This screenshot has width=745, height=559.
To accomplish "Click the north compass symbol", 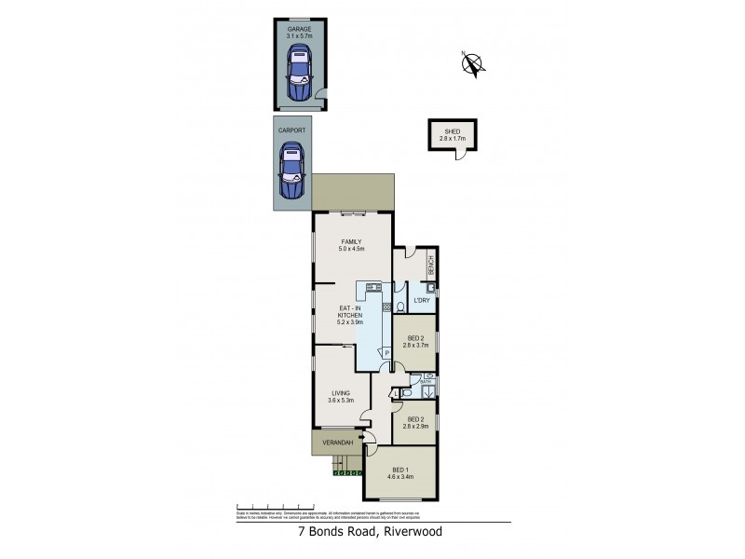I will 474,63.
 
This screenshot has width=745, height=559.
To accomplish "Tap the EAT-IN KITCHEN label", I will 350,313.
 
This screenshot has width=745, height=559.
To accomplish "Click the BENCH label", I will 431,266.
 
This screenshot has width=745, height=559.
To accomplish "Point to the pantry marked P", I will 384,352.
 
